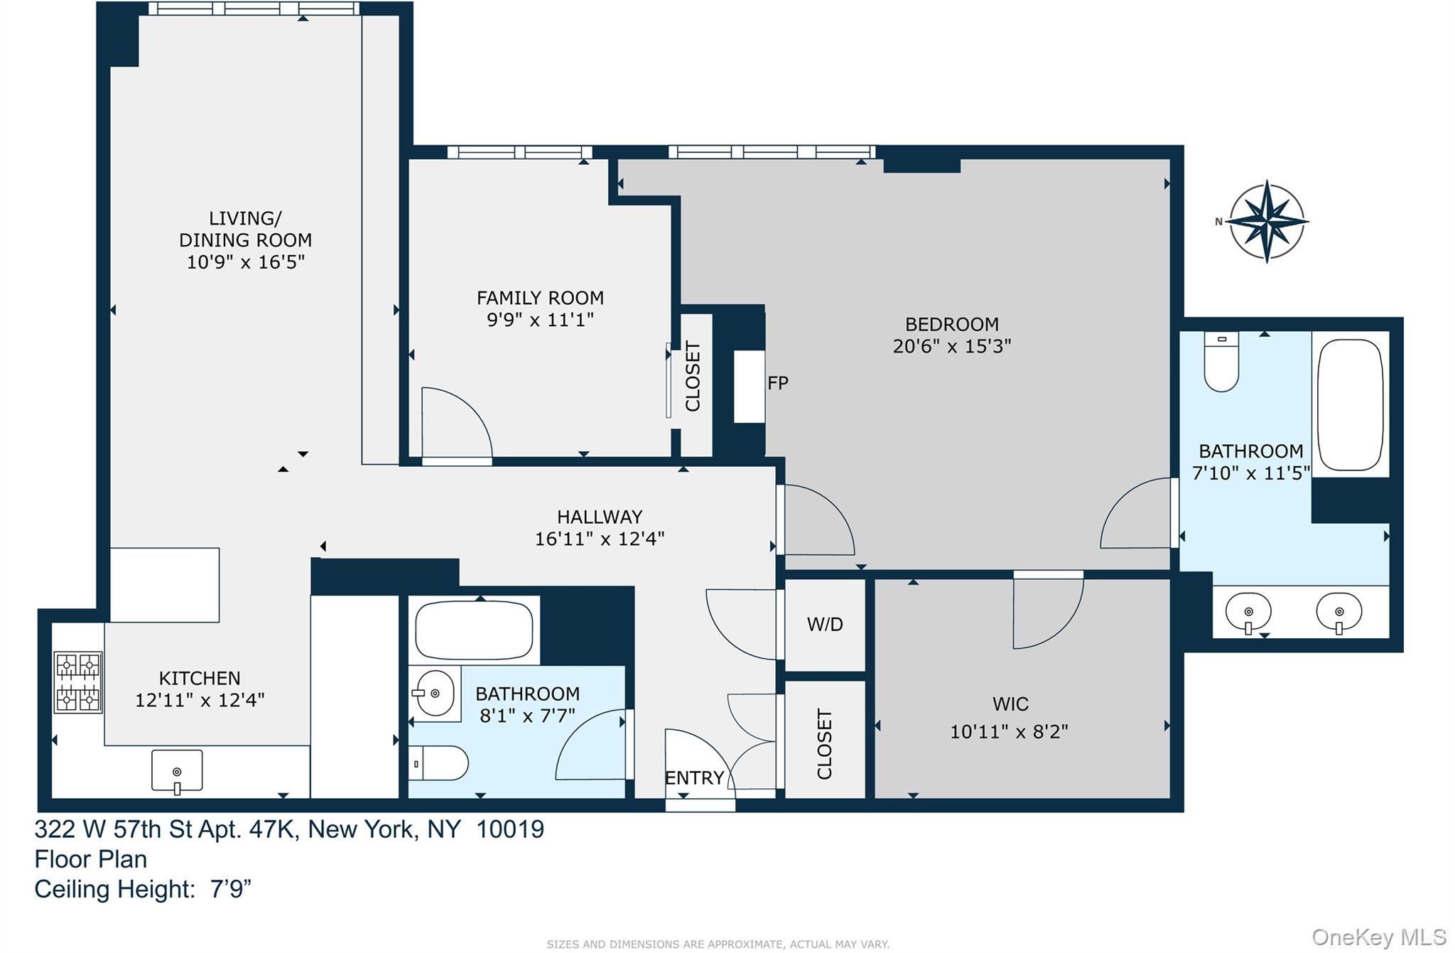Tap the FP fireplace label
coord(778,383)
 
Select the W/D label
coord(825,625)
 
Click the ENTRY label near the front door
coord(694,778)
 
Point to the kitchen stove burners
coord(78,682)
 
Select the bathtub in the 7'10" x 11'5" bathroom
coord(1350,404)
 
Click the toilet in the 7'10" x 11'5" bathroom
coord(1221,362)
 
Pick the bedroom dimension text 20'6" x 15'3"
coord(951,346)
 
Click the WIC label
coord(1010,704)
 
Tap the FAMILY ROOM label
coord(540,298)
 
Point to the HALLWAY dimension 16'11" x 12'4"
coord(599,539)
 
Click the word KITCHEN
coord(200,678)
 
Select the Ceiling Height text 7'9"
coord(231,890)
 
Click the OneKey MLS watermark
coord(1378,937)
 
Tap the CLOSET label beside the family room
coord(693,376)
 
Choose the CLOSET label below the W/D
coord(824,743)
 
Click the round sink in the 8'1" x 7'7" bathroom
coord(435,693)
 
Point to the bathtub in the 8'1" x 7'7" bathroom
coord(474,630)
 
